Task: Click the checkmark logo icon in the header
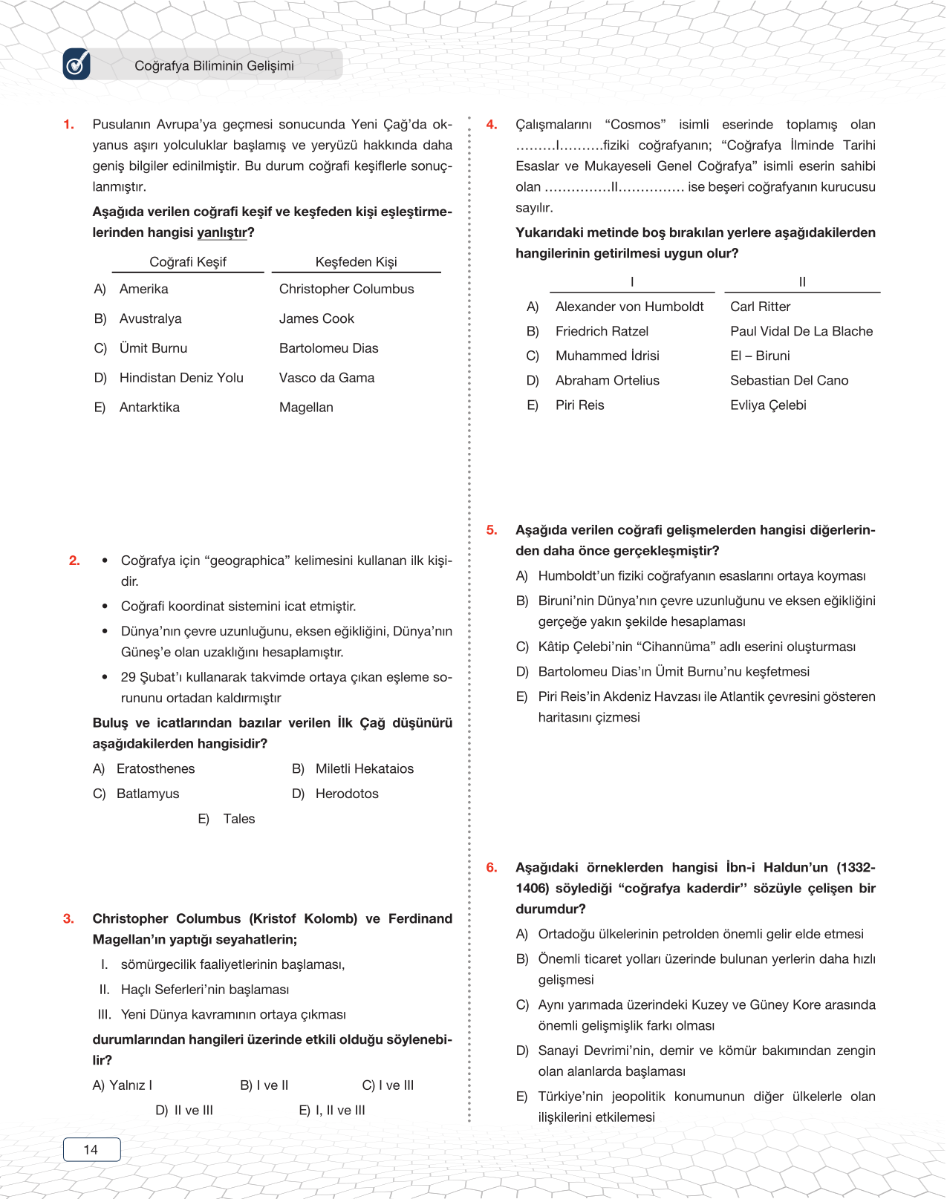pyautogui.click(x=77, y=65)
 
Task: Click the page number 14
pyautogui.click(x=91, y=1149)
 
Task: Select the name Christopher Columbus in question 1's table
pyautogui.click(x=346, y=289)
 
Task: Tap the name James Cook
pyautogui.click(x=316, y=318)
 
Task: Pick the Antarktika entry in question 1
pyautogui.click(x=149, y=407)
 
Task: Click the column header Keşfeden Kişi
pyautogui.click(x=356, y=261)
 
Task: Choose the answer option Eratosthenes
pyautogui.click(x=155, y=768)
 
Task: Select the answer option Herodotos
pyautogui.click(x=347, y=794)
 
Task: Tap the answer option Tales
pyautogui.click(x=238, y=819)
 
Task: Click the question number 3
pyautogui.click(x=68, y=918)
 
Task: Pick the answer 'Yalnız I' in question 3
pyautogui.click(x=130, y=1085)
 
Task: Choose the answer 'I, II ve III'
pyautogui.click(x=339, y=1110)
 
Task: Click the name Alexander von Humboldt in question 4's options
pyautogui.click(x=629, y=307)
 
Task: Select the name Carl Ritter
pyautogui.click(x=760, y=307)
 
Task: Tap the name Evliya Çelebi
pyautogui.click(x=768, y=405)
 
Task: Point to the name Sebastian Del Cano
pyautogui.click(x=789, y=380)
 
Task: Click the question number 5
pyautogui.click(x=492, y=530)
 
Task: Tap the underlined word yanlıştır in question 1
pyautogui.click(x=222, y=232)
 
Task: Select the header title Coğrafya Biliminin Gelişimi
pyautogui.click(x=214, y=65)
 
